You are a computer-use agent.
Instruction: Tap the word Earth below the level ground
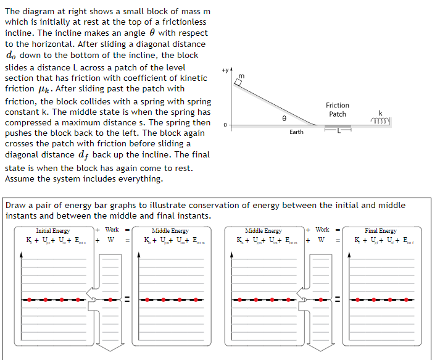(296, 132)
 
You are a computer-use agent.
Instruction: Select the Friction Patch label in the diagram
(338, 110)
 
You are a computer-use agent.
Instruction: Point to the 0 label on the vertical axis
(225, 125)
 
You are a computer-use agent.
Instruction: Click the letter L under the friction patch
(338, 131)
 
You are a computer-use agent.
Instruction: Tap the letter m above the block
(241, 75)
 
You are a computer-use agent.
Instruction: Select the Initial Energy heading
(53, 230)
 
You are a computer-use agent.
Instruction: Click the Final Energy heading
(381, 230)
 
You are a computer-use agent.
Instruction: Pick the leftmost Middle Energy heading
(170, 230)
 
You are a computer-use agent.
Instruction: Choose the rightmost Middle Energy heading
(264, 230)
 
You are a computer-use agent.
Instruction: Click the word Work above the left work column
(112, 230)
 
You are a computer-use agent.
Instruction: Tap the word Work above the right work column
(322, 230)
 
